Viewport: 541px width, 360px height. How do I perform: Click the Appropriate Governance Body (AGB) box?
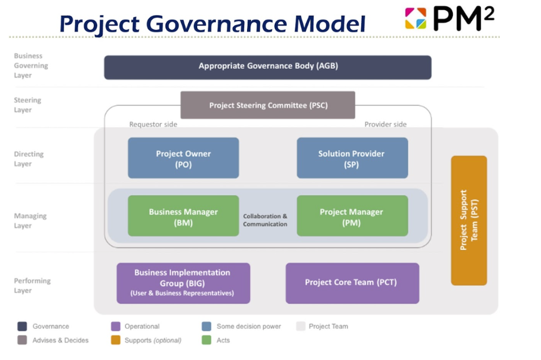coord(267,67)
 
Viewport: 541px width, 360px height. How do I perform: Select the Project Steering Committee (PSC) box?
coord(267,105)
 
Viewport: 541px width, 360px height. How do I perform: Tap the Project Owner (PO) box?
coord(183,158)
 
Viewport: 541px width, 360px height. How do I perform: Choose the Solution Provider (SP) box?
coord(352,158)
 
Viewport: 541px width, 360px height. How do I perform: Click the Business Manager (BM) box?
coord(183,216)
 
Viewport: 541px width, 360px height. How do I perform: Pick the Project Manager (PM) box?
coord(352,216)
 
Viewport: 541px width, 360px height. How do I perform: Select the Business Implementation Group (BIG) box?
coord(183,283)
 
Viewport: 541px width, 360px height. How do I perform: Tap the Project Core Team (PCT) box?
coord(352,283)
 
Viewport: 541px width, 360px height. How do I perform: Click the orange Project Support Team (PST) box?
coord(469,220)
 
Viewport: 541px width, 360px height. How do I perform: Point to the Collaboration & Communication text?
coord(265,220)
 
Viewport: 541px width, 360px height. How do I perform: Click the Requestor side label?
coord(153,124)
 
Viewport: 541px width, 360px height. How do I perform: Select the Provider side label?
coord(385,124)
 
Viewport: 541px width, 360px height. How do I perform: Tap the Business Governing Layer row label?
coord(31,66)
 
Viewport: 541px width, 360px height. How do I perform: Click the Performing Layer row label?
coord(32,285)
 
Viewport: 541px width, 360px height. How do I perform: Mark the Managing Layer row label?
coord(31,220)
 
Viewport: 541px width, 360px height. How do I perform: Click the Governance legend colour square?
coord(22,326)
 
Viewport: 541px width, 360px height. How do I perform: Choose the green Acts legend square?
coord(206,340)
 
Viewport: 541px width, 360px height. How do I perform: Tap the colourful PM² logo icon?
coord(416,19)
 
